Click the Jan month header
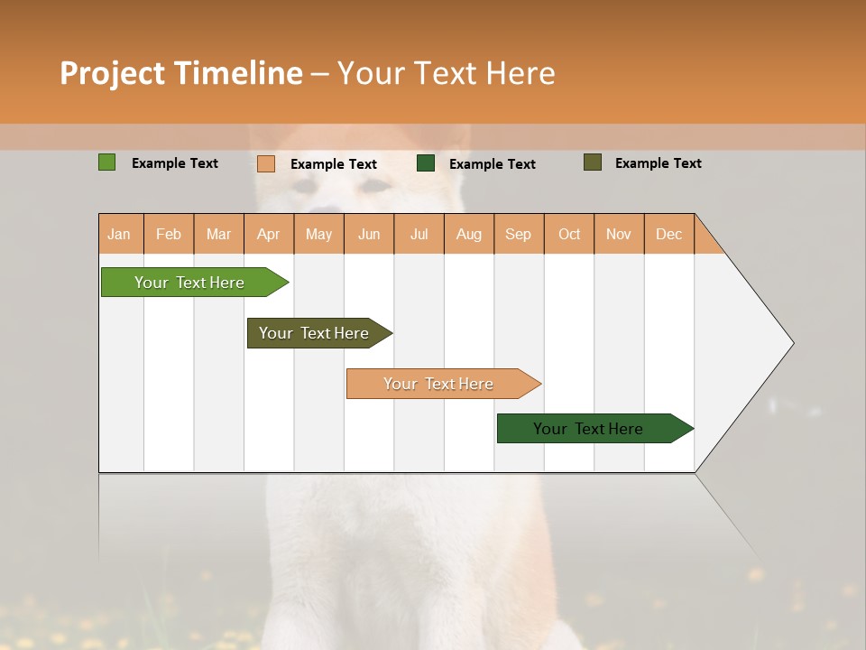point(120,234)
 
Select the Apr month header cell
point(269,234)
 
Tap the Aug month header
point(469,234)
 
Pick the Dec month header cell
point(668,234)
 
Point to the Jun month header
point(369,234)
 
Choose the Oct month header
point(569,234)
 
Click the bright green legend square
point(106,162)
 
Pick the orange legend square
point(265,163)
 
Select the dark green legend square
point(426,163)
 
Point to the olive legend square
point(592,162)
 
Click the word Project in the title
point(113,73)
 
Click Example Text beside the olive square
point(658,163)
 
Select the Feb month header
point(169,234)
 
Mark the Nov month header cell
point(619,234)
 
